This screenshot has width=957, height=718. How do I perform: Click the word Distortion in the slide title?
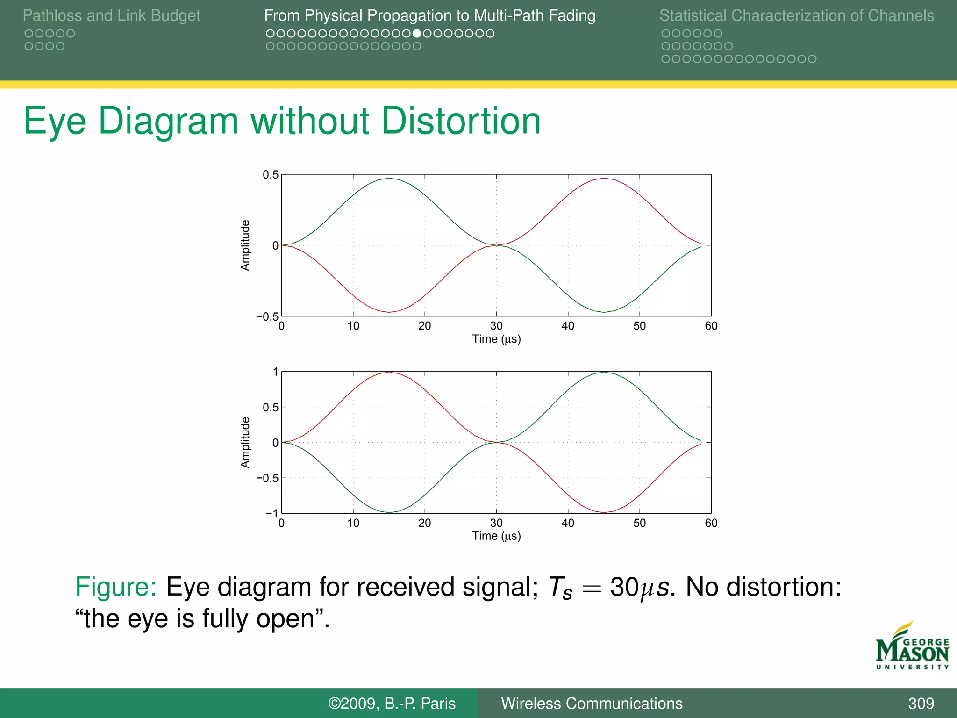pos(461,121)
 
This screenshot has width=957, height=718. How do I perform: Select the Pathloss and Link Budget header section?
pos(111,16)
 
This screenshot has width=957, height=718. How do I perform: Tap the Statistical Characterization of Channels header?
pos(796,16)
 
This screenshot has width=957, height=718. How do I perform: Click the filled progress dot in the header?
pos(417,34)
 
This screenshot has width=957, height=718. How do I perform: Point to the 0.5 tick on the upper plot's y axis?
pos(270,175)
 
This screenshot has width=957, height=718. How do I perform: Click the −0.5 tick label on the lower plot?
pos(267,478)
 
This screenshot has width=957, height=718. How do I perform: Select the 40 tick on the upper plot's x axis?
pos(568,326)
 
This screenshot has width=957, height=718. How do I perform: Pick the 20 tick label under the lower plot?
pos(424,523)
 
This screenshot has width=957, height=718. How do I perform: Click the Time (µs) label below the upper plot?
pos(496,339)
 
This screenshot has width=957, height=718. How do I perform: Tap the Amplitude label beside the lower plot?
pos(245,442)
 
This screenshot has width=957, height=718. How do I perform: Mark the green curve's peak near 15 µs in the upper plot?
pos(389,178)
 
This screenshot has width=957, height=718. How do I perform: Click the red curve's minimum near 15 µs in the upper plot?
pos(389,312)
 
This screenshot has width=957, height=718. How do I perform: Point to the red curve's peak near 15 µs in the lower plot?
pos(389,372)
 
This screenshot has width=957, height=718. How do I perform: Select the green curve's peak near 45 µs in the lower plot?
pos(604,372)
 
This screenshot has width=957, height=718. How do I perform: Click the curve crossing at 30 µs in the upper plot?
pos(496,245)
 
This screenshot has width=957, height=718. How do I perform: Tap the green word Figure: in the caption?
pos(116,587)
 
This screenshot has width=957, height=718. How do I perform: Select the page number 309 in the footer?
pos(921,704)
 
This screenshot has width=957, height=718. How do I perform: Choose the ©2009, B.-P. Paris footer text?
pos(392,704)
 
